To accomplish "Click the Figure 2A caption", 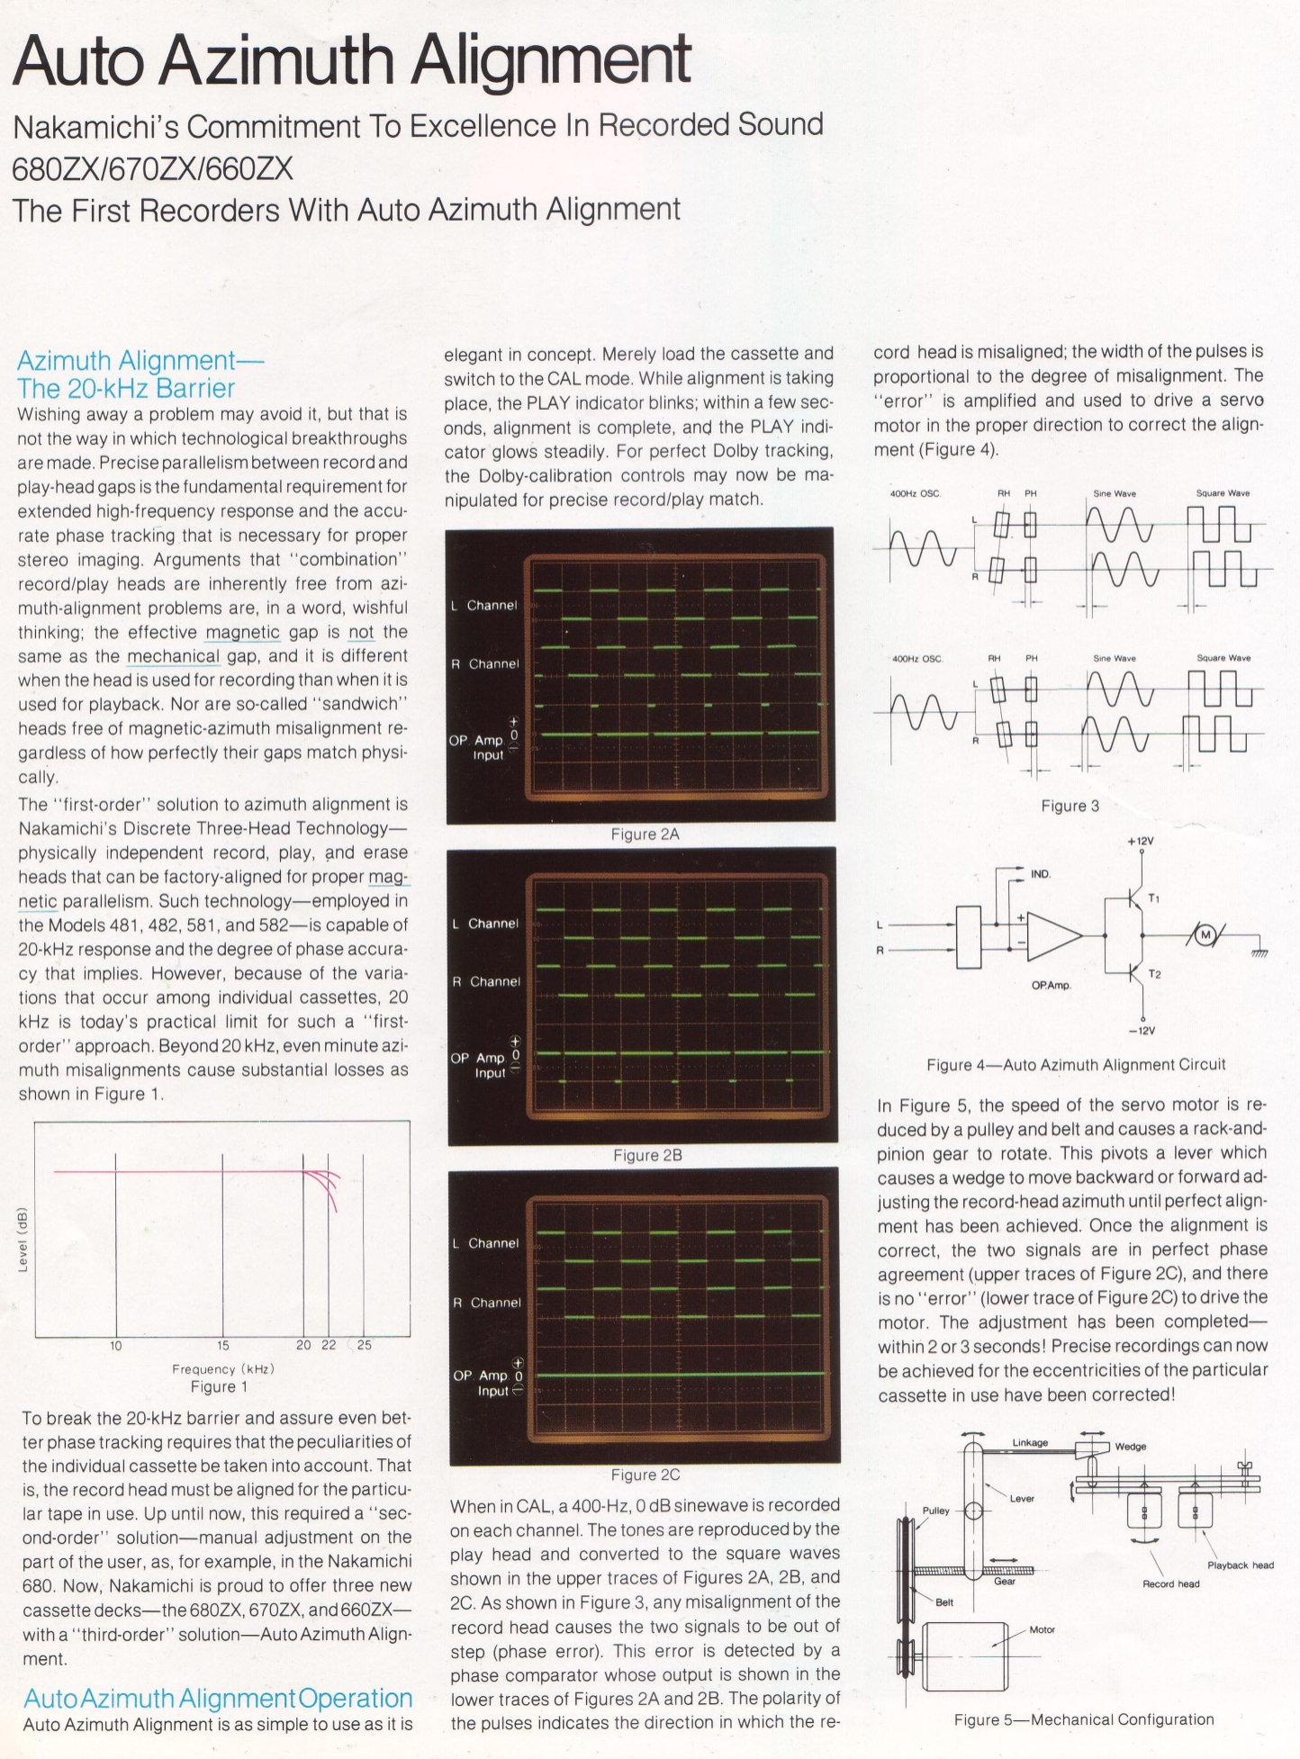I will click(645, 834).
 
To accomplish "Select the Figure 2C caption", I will click(645, 1475).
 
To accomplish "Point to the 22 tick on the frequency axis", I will click(329, 1345).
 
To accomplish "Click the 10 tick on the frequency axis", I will click(116, 1345).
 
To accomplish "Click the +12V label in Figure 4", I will click(1140, 841).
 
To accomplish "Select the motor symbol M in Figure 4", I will click(1205, 936).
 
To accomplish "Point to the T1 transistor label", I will click(1155, 898).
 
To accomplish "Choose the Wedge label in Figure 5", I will click(1131, 1446).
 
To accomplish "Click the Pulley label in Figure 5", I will click(935, 1510).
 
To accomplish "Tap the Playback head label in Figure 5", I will click(1240, 1565).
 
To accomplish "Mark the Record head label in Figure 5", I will click(1170, 1583).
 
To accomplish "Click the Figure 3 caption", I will click(1070, 806).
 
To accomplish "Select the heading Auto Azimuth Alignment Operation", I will click(218, 1698).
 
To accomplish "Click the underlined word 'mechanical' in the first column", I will click(173, 656).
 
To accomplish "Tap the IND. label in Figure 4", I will click(1041, 873).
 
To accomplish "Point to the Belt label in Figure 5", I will click(944, 1602).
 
